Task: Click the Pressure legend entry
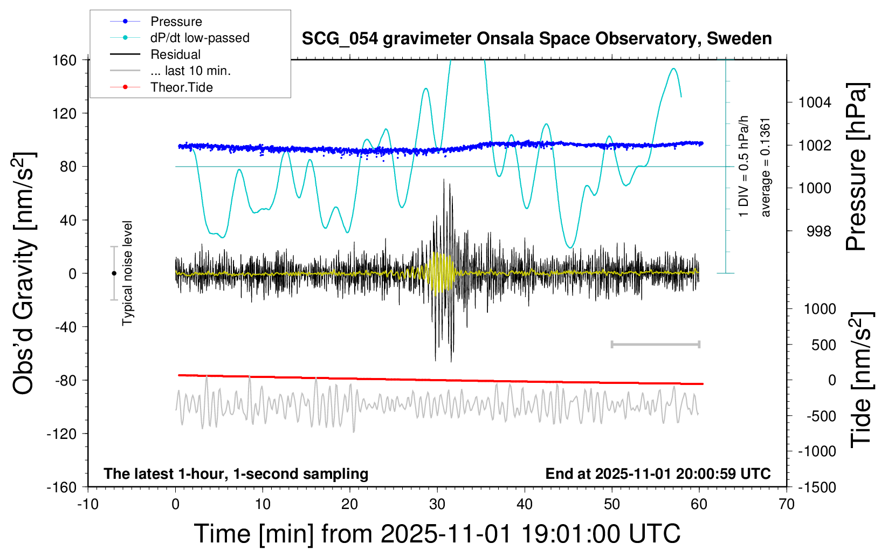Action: click(x=176, y=22)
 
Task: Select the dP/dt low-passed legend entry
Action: click(x=199, y=38)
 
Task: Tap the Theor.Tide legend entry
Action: click(x=181, y=87)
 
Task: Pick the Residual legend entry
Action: click(x=175, y=54)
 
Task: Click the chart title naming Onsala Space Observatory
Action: click(x=536, y=39)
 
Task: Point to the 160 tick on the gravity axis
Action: click(x=65, y=60)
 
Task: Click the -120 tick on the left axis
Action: click(x=61, y=434)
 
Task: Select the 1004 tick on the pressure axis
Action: click(x=815, y=102)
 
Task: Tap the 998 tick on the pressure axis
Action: click(x=818, y=231)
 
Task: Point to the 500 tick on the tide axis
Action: click(x=823, y=345)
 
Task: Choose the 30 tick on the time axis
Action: click(x=437, y=505)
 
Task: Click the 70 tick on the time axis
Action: click(x=787, y=505)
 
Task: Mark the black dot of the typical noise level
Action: click(x=114, y=273)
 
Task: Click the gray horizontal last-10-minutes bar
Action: click(x=655, y=344)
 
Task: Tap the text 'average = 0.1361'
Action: click(x=765, y=167)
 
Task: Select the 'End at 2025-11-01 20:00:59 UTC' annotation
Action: click(x=658, y=473)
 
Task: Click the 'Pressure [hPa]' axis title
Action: click(x=856, y=167)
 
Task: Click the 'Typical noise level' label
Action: click(x=127, y=273)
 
